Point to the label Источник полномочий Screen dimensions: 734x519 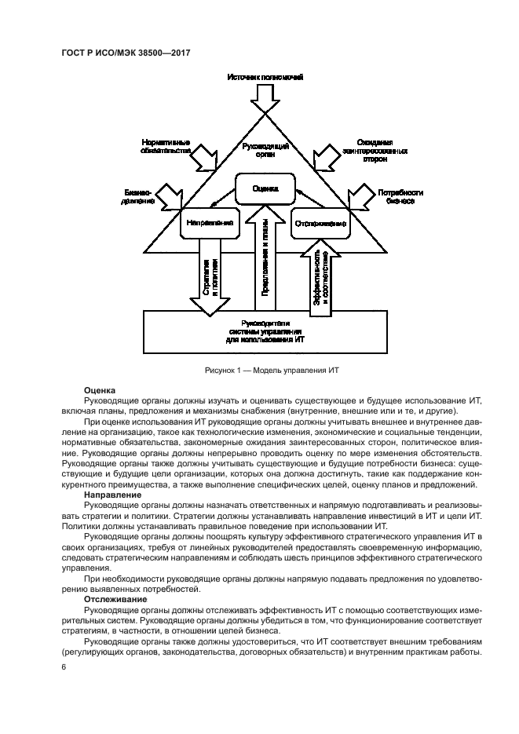point(265,79)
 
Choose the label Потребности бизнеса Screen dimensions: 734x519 point(400,195)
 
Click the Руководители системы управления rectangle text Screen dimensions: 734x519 point(265,330)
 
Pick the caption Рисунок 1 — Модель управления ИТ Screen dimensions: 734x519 point(265,369)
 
